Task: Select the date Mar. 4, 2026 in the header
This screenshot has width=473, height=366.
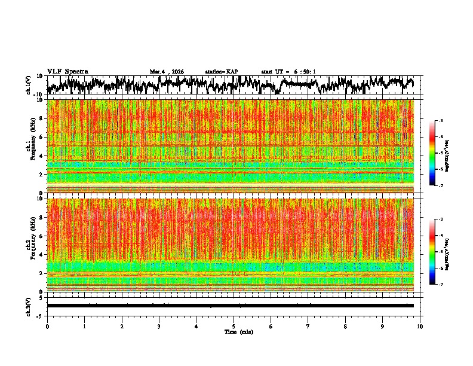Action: point(167,72)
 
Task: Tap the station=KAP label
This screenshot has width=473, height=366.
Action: point(222,72)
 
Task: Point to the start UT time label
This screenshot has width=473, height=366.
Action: point(288,72)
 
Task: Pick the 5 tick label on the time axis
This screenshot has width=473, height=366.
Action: point(234,326)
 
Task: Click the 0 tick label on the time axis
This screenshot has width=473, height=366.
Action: point(47,326)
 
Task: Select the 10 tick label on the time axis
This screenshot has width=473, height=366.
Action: point(420,326)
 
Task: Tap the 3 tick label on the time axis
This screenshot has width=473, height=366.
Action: point(159,326)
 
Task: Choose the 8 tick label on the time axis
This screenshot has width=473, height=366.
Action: point(345,326)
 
